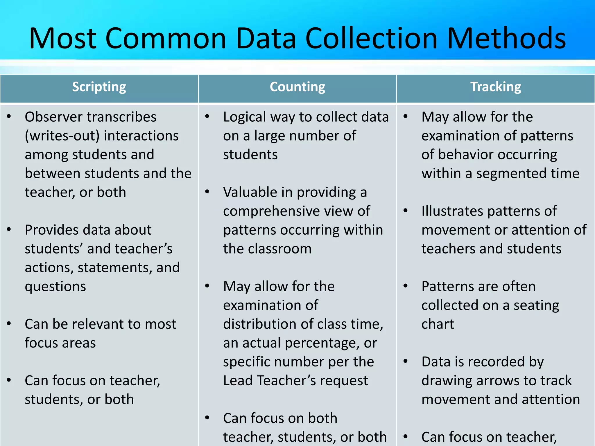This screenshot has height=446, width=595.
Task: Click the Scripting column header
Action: (x=99, y=87)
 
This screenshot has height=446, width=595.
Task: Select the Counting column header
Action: (x=297, y=87)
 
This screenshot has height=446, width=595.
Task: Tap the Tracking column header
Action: (x=496, y=87)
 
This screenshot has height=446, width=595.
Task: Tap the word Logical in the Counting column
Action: (x=245, y=117)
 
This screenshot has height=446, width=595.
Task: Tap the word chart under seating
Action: (x=438, y=324)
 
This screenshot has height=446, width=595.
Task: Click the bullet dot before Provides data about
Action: (x=9, y=229)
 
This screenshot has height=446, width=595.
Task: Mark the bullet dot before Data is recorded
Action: (x=406, y=361)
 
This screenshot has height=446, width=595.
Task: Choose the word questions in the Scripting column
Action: (x=55, y=287)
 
